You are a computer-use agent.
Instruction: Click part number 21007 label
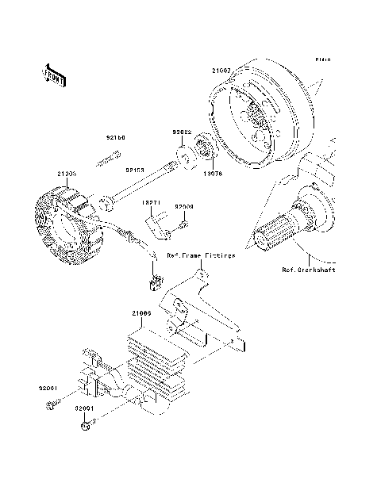click(x=221, y=71)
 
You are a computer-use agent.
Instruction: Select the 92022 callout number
click(x=183, y=133)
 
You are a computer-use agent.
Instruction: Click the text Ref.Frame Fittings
click(x=201, y=255)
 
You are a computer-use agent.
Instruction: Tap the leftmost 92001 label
click(x=49, y=388)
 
